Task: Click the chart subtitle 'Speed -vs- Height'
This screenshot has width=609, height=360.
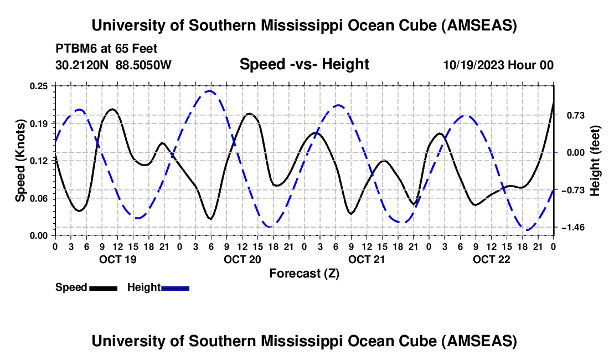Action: (x=304, y=64)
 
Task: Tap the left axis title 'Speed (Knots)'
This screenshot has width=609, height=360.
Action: (x=20, y=160)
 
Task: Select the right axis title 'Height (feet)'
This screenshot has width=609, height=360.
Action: (x=595, y=160)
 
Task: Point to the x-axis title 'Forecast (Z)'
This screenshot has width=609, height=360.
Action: (x=304, y=273)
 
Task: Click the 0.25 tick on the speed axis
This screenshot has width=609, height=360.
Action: (x=39, y=86)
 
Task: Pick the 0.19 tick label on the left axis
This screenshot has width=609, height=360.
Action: (x=39, y=123)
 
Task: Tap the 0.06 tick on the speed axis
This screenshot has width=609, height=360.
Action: (x=39, y=198)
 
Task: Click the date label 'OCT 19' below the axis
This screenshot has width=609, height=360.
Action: (x=117, y=259)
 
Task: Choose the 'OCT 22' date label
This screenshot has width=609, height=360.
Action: (x=492, y=259)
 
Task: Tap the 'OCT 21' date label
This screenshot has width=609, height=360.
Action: (x=367, y=259)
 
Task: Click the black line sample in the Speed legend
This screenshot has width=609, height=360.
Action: (x=104, y=288)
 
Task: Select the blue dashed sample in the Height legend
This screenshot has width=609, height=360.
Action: (x=176, y=288)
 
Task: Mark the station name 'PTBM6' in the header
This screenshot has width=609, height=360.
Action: (x=74, y=48)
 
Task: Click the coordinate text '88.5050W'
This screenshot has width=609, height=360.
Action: (x=144, y=65)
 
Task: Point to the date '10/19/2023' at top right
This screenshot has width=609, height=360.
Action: (x=473, y=65)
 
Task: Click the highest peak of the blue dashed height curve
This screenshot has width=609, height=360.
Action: (x=209, y=91)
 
